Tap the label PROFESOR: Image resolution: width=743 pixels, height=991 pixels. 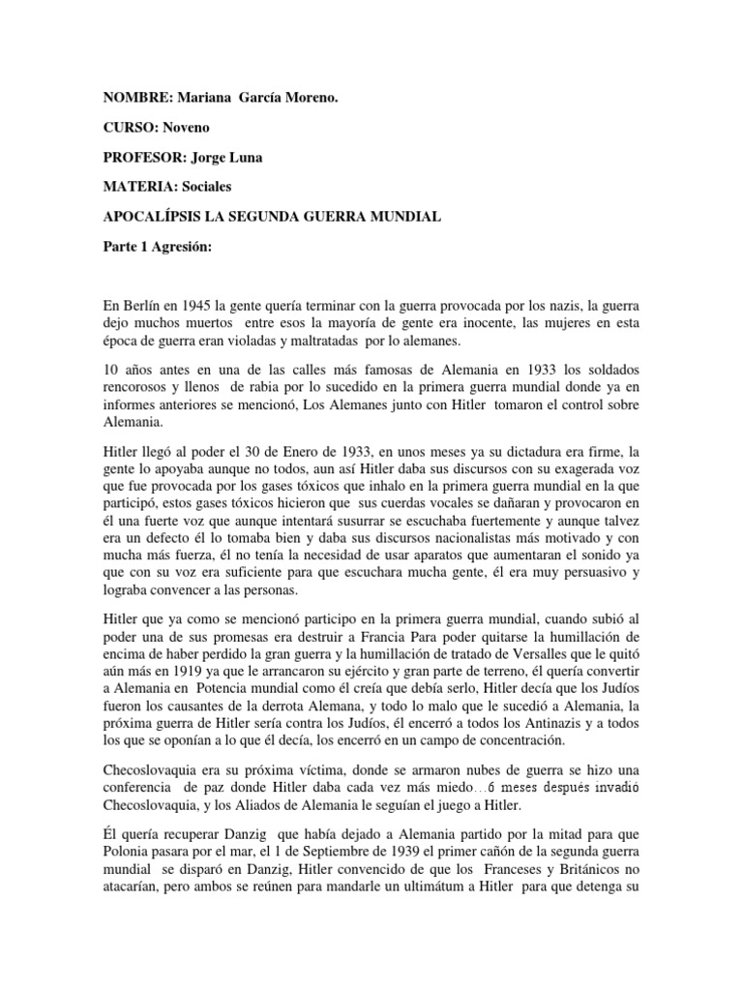pos(139,158)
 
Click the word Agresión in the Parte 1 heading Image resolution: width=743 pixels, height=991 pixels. pos(179,247)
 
